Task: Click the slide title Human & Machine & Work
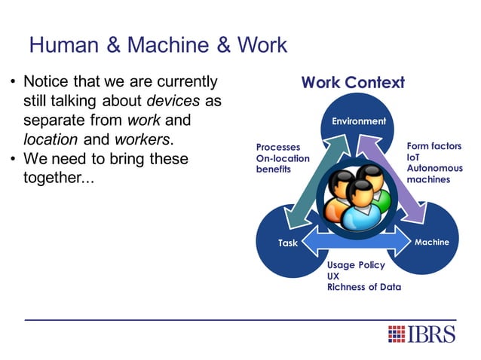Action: (158, 45)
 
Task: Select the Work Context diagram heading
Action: (353, 83)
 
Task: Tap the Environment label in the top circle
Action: (359, 121)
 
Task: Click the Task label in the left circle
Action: (288, 243)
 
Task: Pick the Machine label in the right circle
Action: (432, 242)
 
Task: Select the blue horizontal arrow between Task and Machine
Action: (354, 243)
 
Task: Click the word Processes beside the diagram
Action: (277, 148)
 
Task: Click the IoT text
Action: (414, 157)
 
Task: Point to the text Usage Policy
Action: (356, 265)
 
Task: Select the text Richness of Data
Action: (363, 287)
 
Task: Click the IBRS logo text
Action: (432, 334)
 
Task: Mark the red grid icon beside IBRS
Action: (397, 334)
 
